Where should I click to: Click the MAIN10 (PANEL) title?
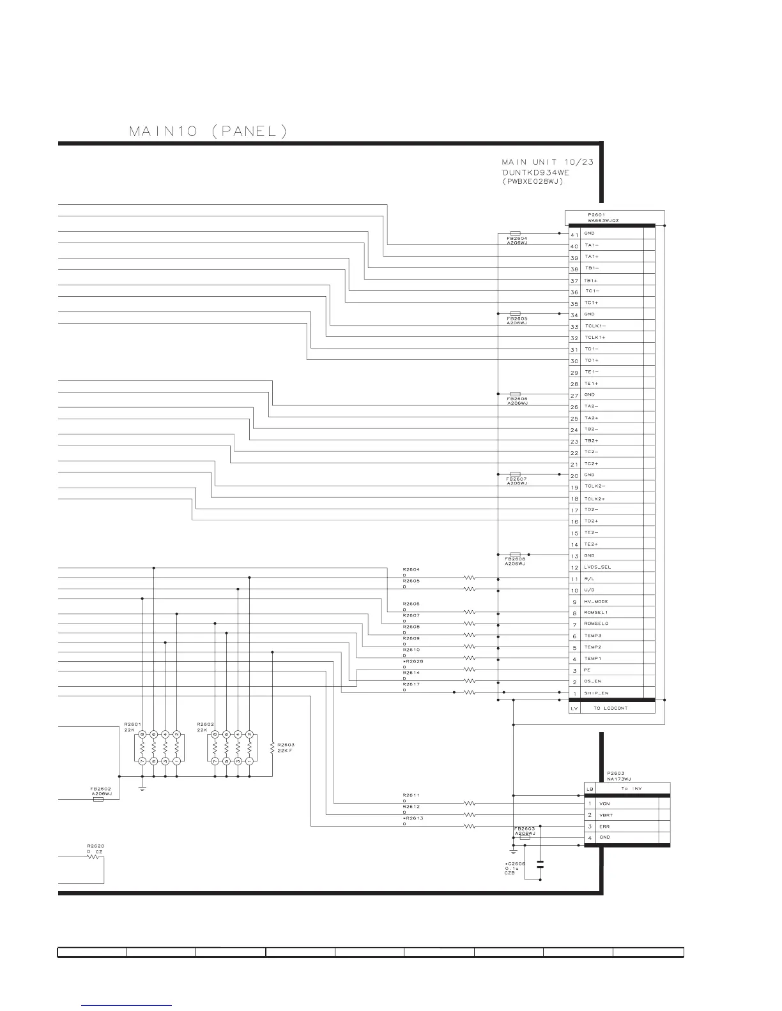[208, 132]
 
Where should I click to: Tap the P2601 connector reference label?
[596, 214]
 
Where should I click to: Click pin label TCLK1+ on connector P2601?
[595, 337]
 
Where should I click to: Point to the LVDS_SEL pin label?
[597, 567]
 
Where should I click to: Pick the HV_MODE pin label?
[596, 601]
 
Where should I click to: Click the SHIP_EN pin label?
[596, 693]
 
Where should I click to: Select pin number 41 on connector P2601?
[574, 234]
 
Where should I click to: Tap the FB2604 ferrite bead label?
[517, 238]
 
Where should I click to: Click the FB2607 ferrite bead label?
[517, 479]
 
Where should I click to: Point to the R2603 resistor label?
[286, 745]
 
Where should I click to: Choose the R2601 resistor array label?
[132, 724]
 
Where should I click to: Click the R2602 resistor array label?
[205, 724]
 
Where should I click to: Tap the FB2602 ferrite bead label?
[101, 788]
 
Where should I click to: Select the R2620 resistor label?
[95, 846]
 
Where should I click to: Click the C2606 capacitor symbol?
[540, 865]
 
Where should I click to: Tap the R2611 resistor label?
[411, 795]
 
